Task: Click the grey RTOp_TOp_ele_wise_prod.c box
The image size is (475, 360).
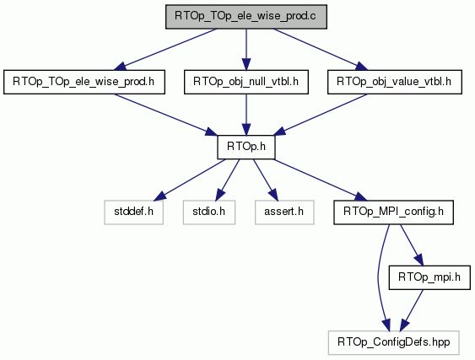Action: (246, 17)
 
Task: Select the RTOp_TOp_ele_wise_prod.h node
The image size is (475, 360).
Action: (84, 82)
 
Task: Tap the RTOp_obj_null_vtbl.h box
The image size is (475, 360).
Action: (246, 82)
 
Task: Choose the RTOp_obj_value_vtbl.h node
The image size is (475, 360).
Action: (394, 82)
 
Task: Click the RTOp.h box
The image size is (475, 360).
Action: (246, 148)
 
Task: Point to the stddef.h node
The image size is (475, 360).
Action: (133, 212)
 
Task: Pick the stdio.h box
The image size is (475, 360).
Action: (209, 212)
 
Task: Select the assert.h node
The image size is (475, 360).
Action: (284, 212)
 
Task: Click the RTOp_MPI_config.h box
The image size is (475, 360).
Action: (393, 212)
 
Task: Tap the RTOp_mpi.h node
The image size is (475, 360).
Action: (429, 277)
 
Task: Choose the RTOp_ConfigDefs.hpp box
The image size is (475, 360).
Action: (393, 343)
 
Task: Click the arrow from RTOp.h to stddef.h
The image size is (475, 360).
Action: (190, 180)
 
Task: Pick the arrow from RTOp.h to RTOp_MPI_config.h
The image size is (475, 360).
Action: (321, 180)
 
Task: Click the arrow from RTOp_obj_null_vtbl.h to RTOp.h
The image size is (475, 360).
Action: (246, 115)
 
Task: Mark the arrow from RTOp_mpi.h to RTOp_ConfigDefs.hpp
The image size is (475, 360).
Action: (412, 310)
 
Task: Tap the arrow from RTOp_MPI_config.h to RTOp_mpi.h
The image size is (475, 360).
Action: (412, 245)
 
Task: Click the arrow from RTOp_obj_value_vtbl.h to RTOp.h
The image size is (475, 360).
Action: (321, 115)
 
